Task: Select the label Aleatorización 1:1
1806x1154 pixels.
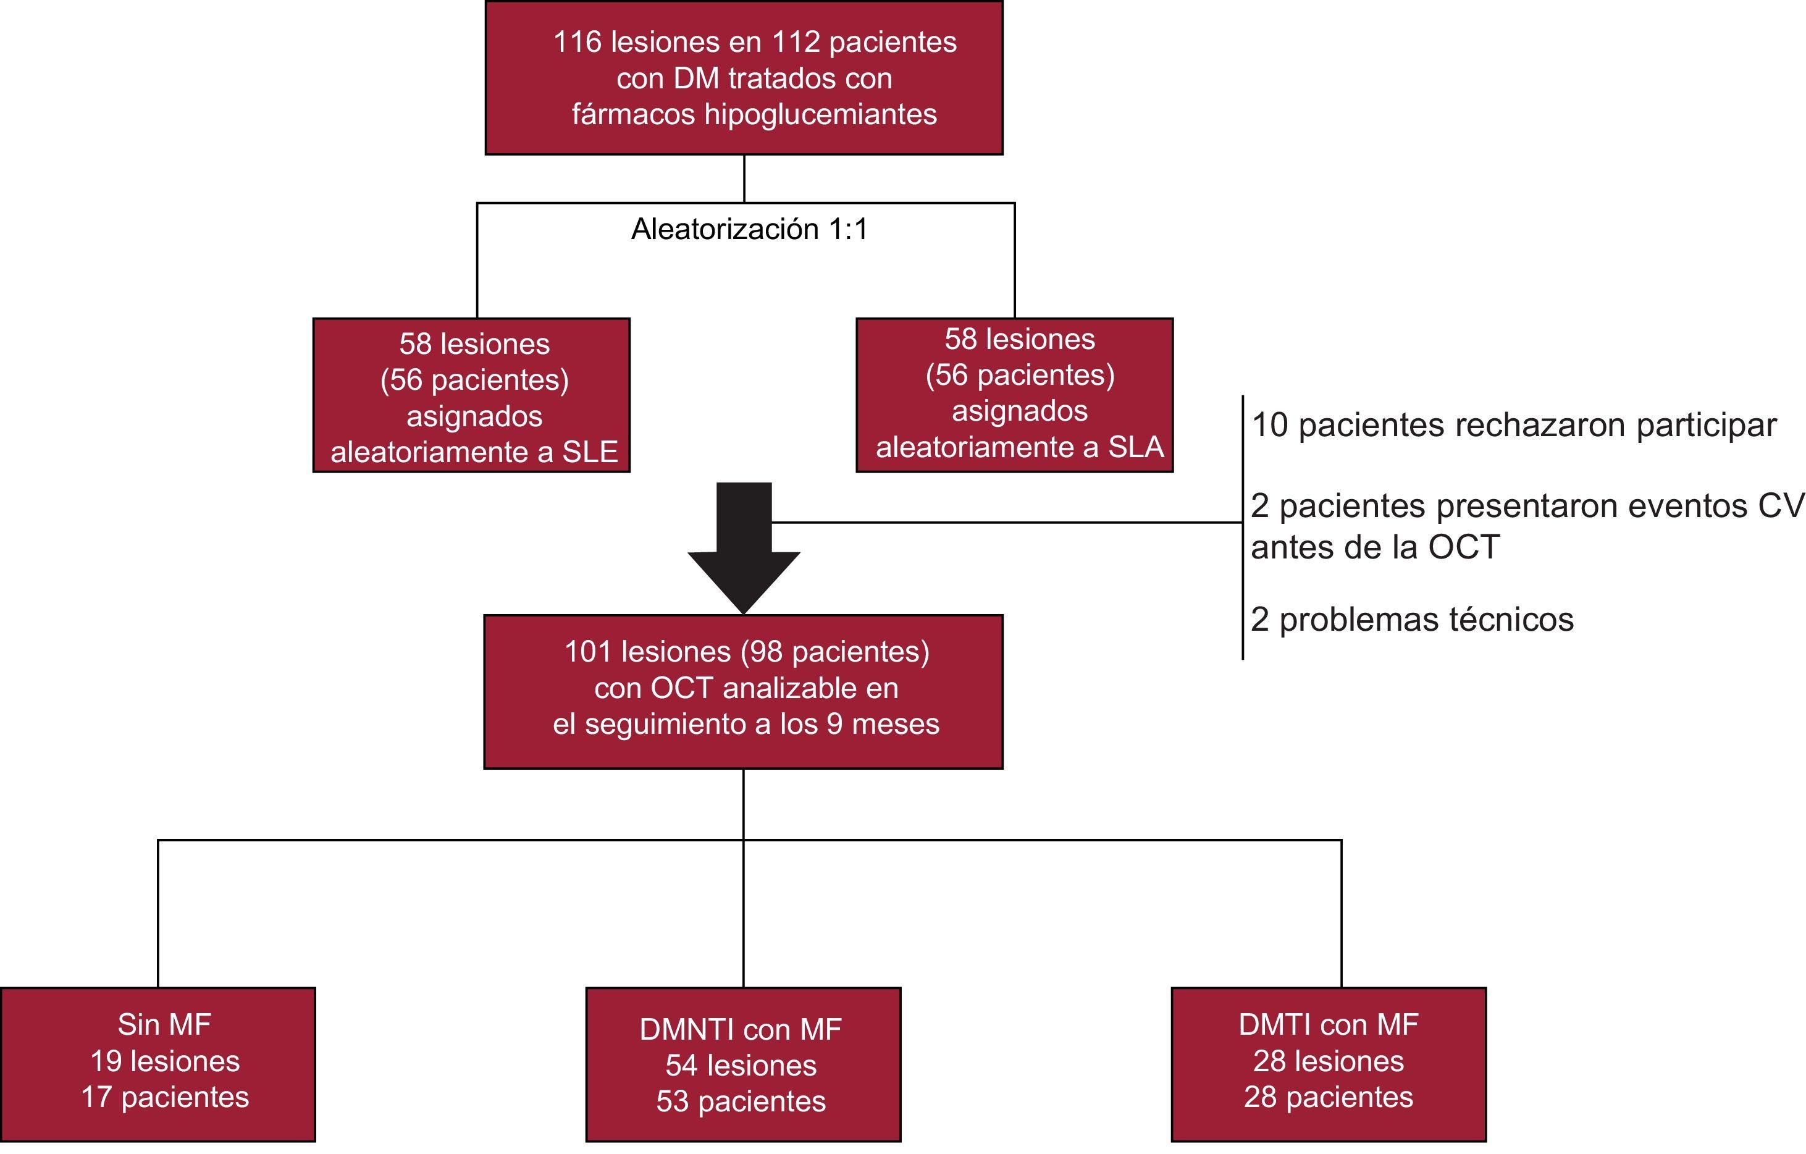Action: pyautogui.click(x=749, y=229)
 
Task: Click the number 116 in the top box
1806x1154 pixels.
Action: pyautogui.click(x=577, y=42)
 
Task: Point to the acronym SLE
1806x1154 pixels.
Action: pyautogui.click(x=590, y=452)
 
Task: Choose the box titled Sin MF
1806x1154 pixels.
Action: pyautogui.click(x=158, y=1064)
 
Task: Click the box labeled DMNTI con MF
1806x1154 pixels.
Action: pyautogui.click(x=743, y=1064)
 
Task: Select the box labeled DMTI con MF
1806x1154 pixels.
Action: pyautogui.click(x=1328, y=1064)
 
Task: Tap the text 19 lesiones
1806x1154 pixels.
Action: pyautogui.click(x=165, y=1061)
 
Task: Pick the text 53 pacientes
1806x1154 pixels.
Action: pyautogui.click(x=741, y=1101)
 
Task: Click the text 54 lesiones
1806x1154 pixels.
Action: pyautogui.click(x=741, y=1066)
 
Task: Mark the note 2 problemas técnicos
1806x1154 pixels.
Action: pyautogui.click(x=1411, y=620)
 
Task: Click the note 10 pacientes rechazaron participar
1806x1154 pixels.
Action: pyautogui.click(x=1513, y=426)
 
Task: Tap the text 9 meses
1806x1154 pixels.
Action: pyautogui.click(x=883, y=724)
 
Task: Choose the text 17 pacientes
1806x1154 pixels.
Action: pyautogui.click(x=165, y=1097)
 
